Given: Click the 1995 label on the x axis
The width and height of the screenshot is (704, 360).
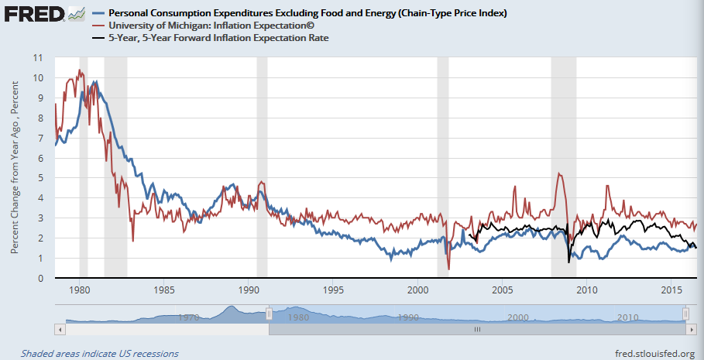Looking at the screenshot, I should [333, 290].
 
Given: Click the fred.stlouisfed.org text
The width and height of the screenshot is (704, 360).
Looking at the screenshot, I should [654, 354].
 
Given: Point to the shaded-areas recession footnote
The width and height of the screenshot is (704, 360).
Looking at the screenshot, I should [99, 354].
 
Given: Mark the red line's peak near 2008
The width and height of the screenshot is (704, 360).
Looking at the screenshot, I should [558, 173].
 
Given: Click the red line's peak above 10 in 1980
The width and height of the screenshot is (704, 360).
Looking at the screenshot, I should [79, 70].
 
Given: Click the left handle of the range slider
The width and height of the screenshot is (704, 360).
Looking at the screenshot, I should [268, 313].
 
